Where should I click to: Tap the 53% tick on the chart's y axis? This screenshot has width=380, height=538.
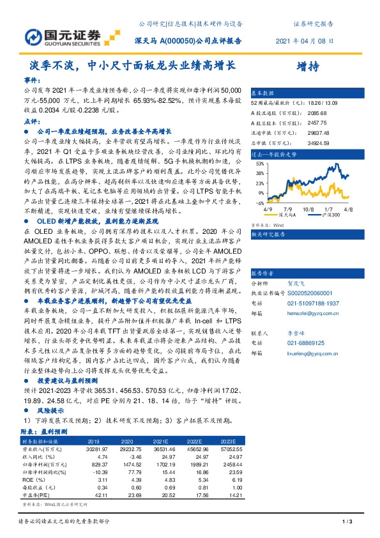click(260, 164)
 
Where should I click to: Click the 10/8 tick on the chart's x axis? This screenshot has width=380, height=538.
click(308, 208)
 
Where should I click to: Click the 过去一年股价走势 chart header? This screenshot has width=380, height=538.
click(275, 154)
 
